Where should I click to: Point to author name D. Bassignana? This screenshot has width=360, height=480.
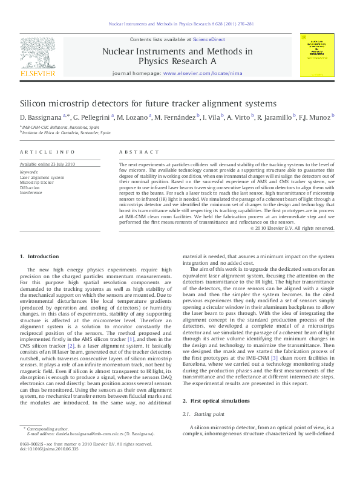click(38, 117)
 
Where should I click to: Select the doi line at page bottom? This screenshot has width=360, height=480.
click(50, 466)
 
